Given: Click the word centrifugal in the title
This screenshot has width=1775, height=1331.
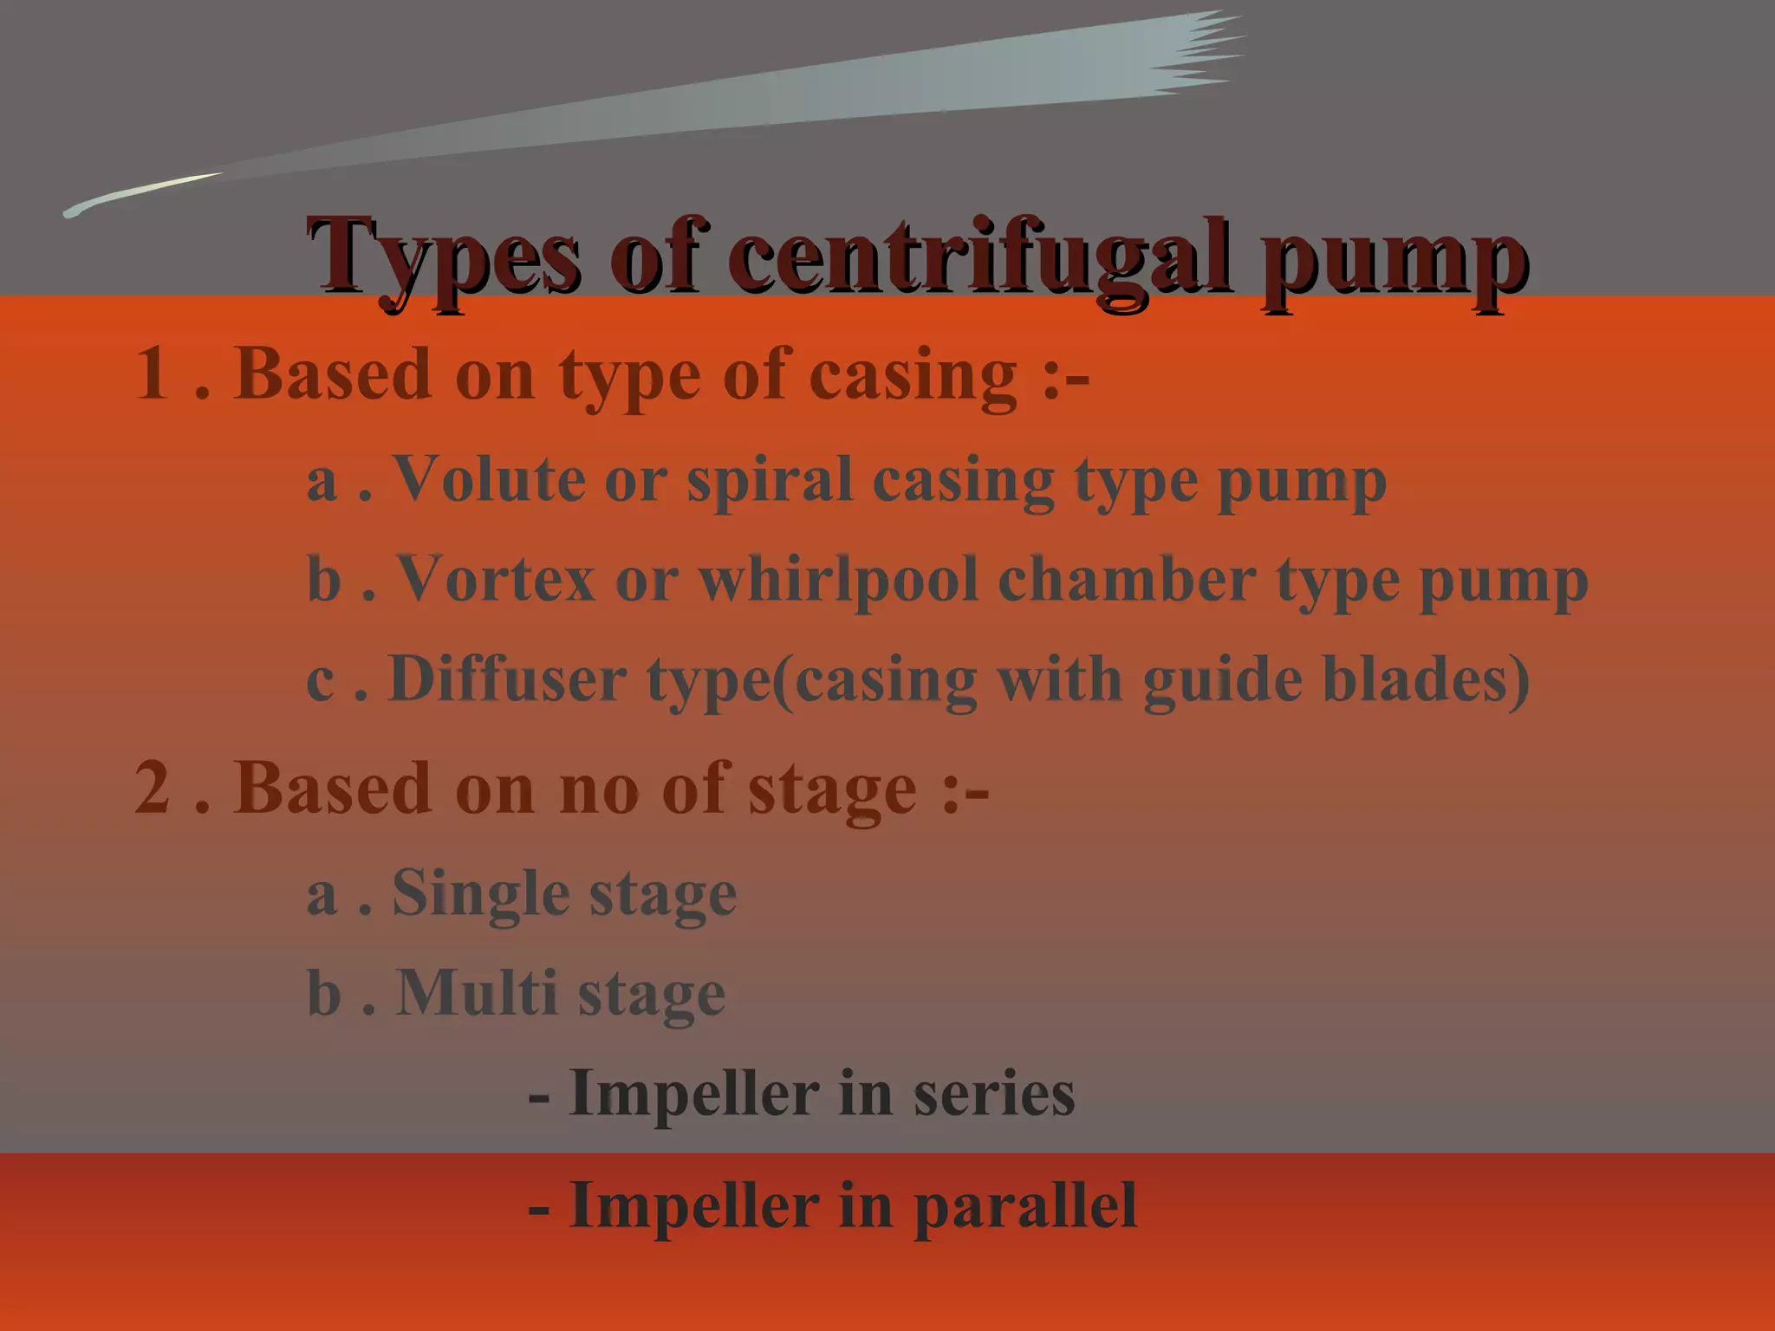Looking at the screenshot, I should tap(979, 258).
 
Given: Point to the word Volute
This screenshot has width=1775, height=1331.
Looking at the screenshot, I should tap(490, 478).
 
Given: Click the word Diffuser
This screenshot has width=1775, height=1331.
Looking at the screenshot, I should tap(507, 678).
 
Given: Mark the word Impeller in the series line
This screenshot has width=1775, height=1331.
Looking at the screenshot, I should tap(693, 1094).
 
